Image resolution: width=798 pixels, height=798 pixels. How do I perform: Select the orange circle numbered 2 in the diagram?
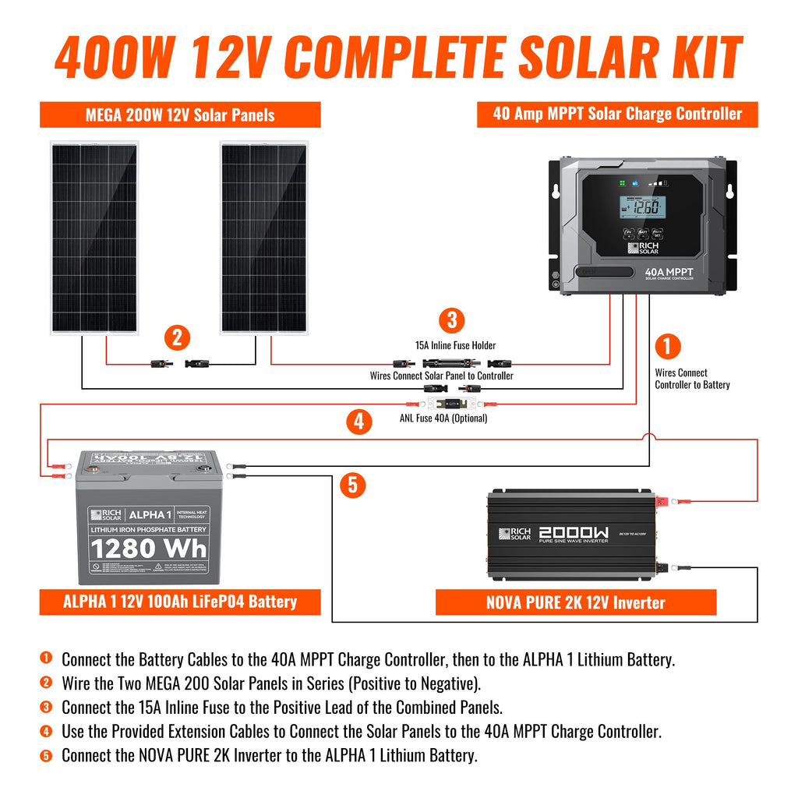[x=177, y=337]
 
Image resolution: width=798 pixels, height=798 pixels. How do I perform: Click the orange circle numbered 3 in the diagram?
[x=451, y=320]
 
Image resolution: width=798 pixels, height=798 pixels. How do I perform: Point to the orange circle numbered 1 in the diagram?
[x=667, y=346]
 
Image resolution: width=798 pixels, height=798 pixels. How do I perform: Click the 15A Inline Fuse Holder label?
[x=455, y=345]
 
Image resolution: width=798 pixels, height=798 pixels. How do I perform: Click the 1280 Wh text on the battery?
[x=148, y=549]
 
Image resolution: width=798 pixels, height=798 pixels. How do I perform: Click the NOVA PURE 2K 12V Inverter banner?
[x=575, y=602]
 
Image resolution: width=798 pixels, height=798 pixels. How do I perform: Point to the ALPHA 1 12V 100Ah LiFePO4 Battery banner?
[x=180, y=602]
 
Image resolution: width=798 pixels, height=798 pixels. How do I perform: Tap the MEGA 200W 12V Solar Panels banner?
[x=180, y=115]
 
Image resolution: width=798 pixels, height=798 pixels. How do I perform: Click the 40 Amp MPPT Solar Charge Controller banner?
[x=617, y=114]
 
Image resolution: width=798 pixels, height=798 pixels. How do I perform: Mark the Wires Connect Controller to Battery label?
[x=692, y=379]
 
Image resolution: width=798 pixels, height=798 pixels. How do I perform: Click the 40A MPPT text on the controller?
[x=669, y=272]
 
